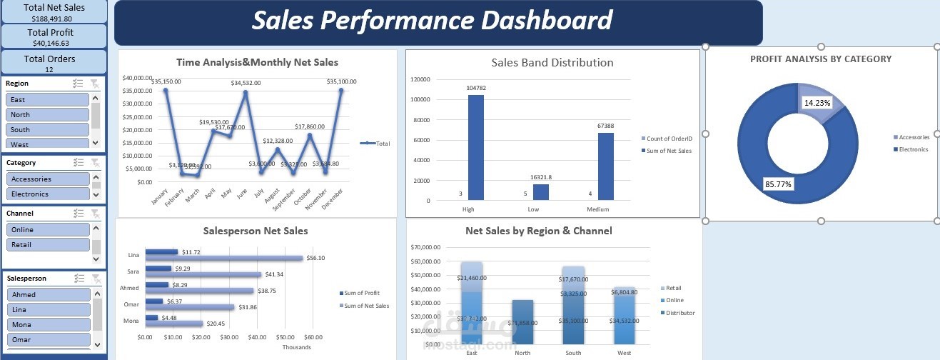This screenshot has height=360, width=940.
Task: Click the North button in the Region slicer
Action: click(47, 114)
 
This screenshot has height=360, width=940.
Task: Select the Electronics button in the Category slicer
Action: click(47, 194)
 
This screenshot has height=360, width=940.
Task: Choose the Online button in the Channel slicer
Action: click(47, 229)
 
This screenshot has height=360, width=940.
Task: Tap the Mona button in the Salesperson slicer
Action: click(47, 324)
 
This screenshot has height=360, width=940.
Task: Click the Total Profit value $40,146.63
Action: click(54, 44)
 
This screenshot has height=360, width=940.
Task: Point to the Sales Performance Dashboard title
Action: click(433, 20)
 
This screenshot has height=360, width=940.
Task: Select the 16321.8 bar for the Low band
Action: click(541, 192)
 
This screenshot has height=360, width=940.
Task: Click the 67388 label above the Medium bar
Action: click(605, 126)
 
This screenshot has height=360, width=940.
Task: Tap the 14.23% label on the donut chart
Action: click(817, 103)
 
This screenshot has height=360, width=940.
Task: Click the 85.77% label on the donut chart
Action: click(778, 184)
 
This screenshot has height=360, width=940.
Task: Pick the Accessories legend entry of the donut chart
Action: click(913, 137)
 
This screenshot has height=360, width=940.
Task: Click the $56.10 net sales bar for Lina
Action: click(224, 258)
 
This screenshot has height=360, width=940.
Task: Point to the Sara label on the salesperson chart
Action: click(133, 272)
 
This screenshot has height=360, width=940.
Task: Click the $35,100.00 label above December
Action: click(341, 81)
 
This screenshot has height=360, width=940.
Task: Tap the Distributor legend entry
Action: click(679, 313)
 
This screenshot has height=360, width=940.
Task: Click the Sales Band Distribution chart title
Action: click(552, 63)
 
